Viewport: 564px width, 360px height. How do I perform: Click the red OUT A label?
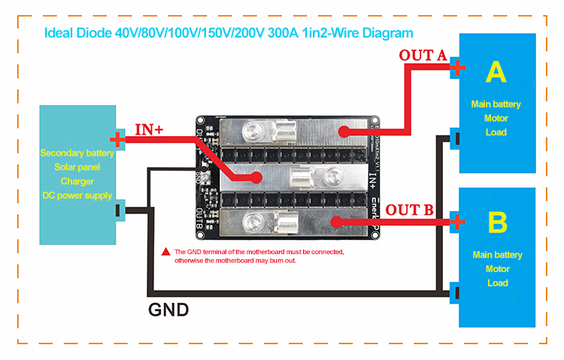(423, 55)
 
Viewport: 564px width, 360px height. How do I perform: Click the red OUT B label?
(408, 209)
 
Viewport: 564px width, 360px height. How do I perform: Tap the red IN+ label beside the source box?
(149, 129)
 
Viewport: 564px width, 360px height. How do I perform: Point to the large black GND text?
(168, 309)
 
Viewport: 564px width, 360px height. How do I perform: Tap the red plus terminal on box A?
(456, 68)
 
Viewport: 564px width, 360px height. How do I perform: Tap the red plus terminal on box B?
(456, 222)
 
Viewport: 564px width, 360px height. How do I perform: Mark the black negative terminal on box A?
(456, 138)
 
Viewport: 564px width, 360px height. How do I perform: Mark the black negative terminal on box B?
(456, 290)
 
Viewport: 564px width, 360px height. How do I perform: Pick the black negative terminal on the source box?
(118, 210)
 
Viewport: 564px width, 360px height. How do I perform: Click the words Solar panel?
(77, 167)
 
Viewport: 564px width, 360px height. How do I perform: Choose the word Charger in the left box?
(77, 181)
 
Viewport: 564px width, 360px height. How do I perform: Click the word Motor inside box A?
(496, 118)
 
